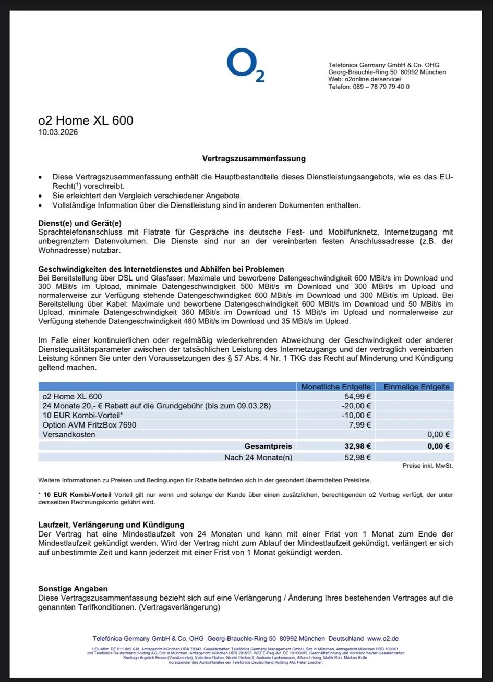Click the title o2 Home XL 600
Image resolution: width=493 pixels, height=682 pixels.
[86, 120]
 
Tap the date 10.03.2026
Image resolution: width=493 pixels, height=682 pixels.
[58, 132]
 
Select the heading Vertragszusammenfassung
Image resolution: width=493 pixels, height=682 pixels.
[254, 158]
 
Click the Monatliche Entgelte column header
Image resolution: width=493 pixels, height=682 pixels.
[336, 387]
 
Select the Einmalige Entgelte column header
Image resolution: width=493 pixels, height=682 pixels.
[416, 387]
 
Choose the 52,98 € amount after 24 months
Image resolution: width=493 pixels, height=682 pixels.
[358, 458]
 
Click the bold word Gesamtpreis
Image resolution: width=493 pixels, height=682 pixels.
[268, 446]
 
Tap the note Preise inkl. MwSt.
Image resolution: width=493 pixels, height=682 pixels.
[427, 466]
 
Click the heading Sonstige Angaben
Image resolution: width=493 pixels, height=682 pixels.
[73, 589]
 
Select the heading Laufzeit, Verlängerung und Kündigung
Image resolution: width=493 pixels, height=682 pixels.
[111, 525]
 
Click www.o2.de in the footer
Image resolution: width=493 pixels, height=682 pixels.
[383, 638]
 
